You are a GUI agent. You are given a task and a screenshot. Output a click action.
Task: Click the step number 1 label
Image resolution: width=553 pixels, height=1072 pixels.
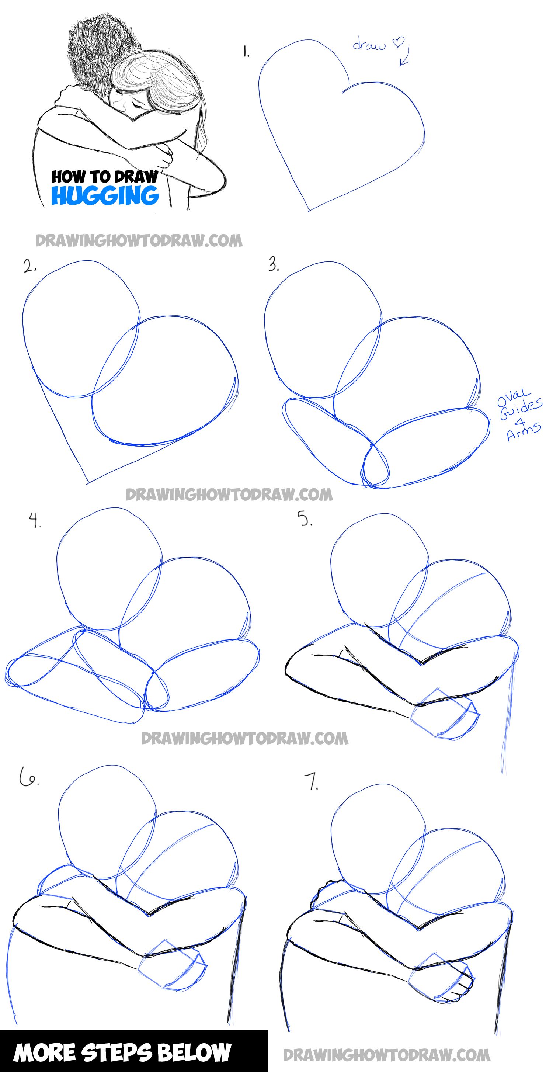(x=246, y=52)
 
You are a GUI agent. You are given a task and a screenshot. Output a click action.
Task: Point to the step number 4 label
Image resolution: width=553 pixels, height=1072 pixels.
(x=35, y=520)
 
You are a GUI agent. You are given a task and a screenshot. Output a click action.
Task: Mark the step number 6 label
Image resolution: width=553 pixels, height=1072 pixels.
(x=28, y=777)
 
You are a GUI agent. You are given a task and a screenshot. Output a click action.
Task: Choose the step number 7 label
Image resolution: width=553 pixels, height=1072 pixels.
(x=313, y=783)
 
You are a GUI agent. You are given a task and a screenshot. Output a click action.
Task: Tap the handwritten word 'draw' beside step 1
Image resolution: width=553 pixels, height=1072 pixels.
(x=369, y=45)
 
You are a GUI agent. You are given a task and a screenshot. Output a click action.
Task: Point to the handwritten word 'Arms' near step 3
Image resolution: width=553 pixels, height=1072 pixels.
(x=524, y=431)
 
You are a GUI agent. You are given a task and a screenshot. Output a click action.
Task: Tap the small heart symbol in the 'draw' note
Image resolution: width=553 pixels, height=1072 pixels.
(x=399, y=42)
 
